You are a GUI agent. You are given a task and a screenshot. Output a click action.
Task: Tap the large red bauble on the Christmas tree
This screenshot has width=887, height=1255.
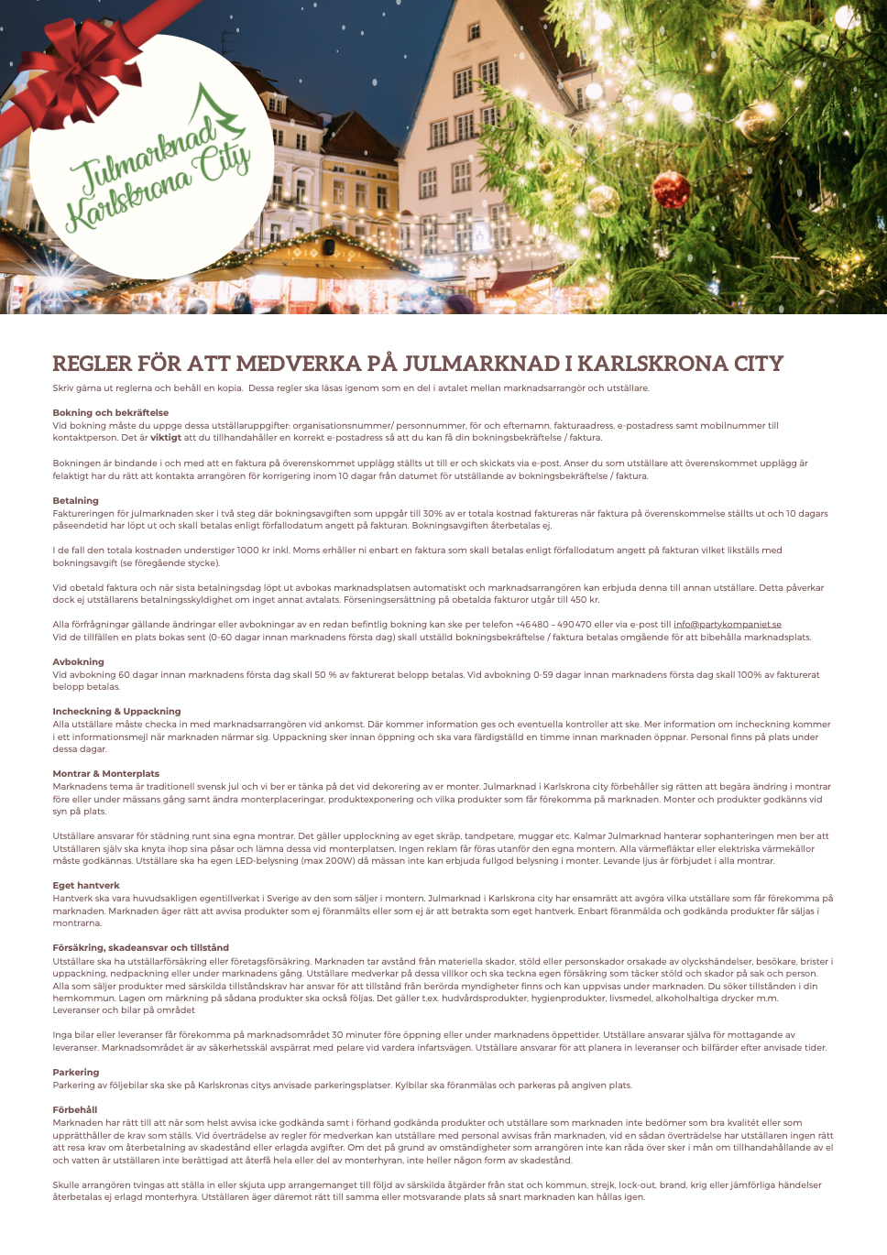(672, 189)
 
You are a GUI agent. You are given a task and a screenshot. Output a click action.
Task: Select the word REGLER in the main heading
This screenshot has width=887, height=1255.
(92, 364)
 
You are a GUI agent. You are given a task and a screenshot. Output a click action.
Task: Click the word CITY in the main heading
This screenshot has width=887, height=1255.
(758, 364)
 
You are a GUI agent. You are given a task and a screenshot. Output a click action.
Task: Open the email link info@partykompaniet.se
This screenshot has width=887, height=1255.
(728, 624)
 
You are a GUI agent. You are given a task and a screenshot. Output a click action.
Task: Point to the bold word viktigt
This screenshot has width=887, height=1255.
(166, 438)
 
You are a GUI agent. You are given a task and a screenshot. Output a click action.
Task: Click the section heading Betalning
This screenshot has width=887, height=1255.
(75, 500)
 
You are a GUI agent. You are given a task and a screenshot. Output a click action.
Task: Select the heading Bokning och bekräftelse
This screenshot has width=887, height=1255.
(110, 412)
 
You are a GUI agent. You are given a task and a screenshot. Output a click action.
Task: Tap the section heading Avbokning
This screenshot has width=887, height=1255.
(78, 661)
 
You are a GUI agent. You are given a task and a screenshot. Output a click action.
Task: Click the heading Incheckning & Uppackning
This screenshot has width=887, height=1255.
(116, 711)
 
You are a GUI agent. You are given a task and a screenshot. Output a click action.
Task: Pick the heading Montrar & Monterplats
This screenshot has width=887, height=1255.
(105, 773)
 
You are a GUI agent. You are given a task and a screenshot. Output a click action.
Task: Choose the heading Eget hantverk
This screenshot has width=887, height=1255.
(86, 885)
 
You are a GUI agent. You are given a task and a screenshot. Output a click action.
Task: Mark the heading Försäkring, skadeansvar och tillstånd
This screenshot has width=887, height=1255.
(140, 947)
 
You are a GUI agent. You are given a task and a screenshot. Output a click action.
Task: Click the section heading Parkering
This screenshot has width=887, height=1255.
(75, 1072)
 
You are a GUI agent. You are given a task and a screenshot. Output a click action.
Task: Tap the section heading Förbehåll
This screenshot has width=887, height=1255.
(74, 1109)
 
